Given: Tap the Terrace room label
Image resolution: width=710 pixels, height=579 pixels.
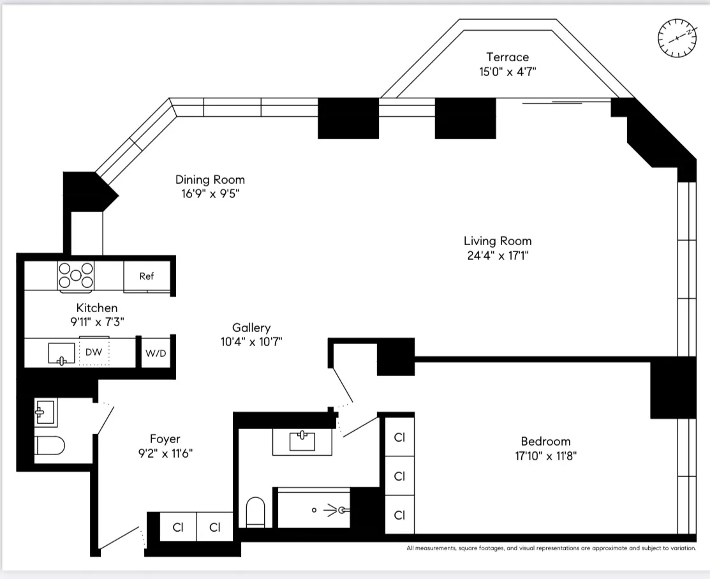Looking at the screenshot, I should click(507, 57).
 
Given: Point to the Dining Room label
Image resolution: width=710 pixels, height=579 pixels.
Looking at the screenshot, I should click(210, 180).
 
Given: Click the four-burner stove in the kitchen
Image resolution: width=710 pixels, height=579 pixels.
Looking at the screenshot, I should click(76, 276).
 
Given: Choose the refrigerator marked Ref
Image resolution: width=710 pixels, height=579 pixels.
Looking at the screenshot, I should click(147, 276).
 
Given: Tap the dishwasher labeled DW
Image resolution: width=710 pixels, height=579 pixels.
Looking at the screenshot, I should click(94, 352).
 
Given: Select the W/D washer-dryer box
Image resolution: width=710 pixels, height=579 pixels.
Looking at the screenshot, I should click(156, 353).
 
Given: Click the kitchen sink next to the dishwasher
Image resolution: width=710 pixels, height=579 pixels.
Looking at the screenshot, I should click(61, 353).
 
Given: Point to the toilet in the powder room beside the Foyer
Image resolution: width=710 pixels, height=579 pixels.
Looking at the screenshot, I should click(50, 446).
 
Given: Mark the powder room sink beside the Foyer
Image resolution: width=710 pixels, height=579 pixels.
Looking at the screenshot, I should click(45, 412).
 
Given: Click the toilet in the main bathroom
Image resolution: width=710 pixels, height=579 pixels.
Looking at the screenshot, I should click(255, 511).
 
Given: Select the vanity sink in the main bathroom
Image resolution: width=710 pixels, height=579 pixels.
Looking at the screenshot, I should click(302, 441).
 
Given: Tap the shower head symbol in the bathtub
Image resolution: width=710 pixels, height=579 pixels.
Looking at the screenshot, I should click(343, 510).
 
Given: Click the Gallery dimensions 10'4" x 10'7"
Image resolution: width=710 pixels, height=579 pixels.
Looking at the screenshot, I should click(251, 342).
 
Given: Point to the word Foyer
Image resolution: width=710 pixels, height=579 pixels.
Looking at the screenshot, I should click(165, 439).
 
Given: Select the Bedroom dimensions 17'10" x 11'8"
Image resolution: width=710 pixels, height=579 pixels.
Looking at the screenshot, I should click(545, 456).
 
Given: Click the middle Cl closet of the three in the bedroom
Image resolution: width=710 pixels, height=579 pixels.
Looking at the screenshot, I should click(399, 476).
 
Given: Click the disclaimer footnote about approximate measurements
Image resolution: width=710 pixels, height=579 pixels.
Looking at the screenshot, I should click(551, 548).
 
